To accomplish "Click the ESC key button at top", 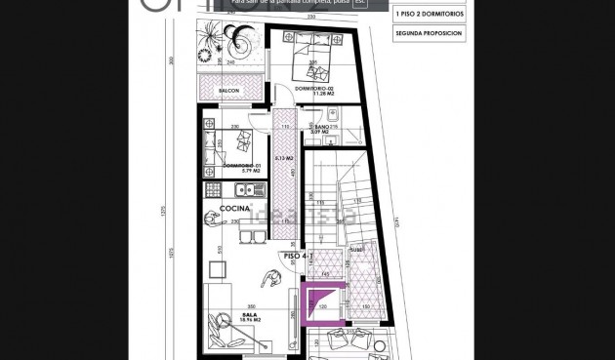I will pos(359,3).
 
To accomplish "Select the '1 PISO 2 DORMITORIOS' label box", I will pos(429,14).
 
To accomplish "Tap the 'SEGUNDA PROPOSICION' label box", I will pos(429,33).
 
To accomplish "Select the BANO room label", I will pos(321,127).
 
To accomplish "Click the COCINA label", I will pos(234,208).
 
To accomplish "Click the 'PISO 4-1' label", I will pos(297,257).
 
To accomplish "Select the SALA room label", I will pos(249,314).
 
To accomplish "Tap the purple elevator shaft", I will pos(322,301).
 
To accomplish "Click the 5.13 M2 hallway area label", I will pos(285,158).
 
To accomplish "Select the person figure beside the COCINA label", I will pos(211,219).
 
